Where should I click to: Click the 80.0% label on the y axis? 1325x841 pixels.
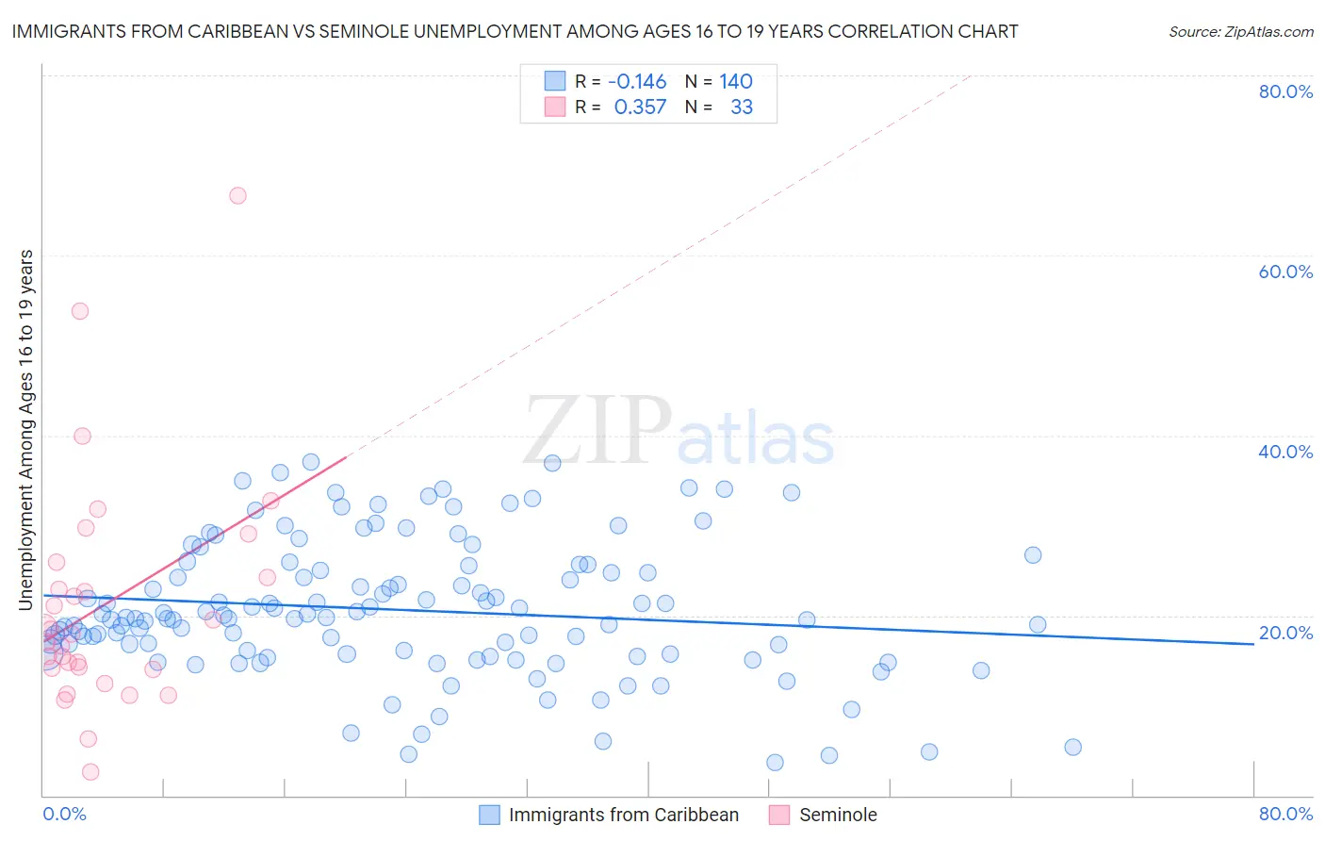1285,91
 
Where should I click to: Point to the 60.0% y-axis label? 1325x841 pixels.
1285,272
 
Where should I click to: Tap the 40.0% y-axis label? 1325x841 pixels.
1285,452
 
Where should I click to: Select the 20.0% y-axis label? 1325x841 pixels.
1285,632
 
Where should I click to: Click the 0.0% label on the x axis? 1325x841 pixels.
64,814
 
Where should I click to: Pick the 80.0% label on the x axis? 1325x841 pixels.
1285,814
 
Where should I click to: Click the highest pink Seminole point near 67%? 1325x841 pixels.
237,195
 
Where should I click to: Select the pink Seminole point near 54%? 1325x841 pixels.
80,311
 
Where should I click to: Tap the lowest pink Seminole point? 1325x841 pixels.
90,771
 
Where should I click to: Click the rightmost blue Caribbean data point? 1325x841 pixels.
1072,747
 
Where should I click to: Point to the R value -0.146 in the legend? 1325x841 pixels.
637,82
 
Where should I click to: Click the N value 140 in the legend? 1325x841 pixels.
736,82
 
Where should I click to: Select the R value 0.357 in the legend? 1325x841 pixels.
640,107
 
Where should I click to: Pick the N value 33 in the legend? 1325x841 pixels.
742,107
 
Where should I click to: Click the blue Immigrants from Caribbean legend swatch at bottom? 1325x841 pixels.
489,815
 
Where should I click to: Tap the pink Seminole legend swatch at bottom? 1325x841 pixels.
779,815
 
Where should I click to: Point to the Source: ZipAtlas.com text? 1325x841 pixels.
1240,31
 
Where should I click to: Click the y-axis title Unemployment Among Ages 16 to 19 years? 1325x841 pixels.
26,429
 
